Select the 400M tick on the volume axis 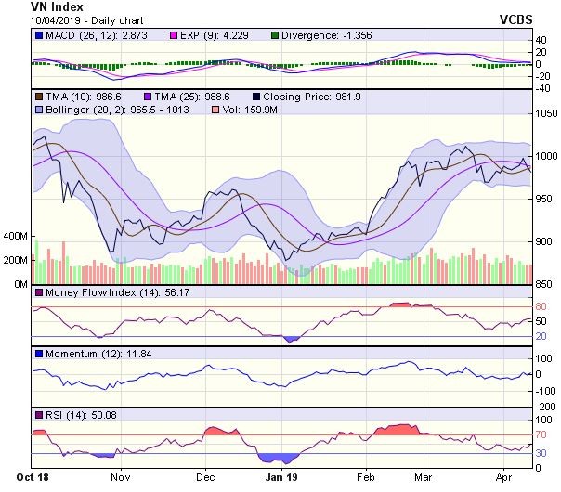pos(16,237)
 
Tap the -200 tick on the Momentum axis pos(546,407)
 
